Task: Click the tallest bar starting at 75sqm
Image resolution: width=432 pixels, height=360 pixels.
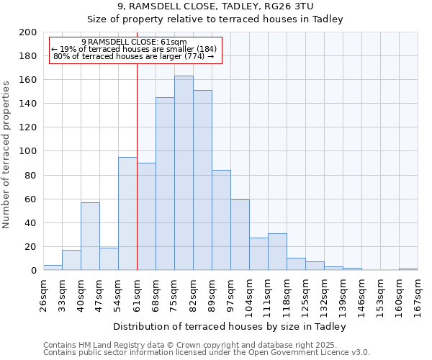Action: pos(184,173)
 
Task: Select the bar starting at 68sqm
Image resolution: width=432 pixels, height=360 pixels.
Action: pos(165,184)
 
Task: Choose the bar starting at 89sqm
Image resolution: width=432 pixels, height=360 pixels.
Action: pos(221,220)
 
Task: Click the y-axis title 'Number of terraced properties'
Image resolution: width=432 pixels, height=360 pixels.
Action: pos(6,154)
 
